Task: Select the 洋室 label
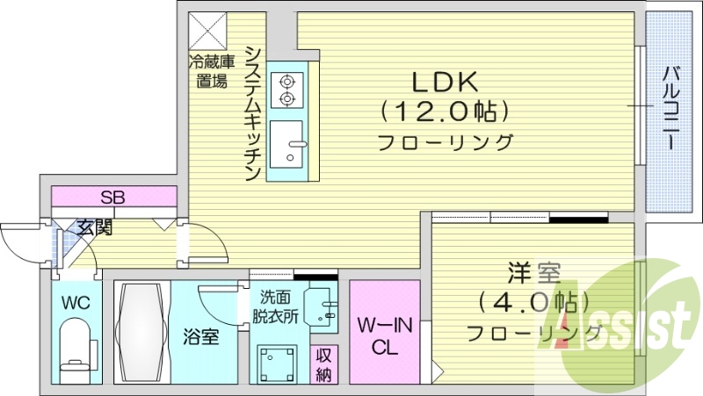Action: coord(526,272)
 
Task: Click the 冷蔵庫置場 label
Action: coord(212,71)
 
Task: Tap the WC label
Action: coord(75,304)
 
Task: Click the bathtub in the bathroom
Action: coord(141,332)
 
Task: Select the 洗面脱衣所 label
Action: coord(278,304)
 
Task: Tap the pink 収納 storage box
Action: coord(325,364)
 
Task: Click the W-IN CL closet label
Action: coord(385,336)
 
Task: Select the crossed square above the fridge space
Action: coord(209,30)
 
